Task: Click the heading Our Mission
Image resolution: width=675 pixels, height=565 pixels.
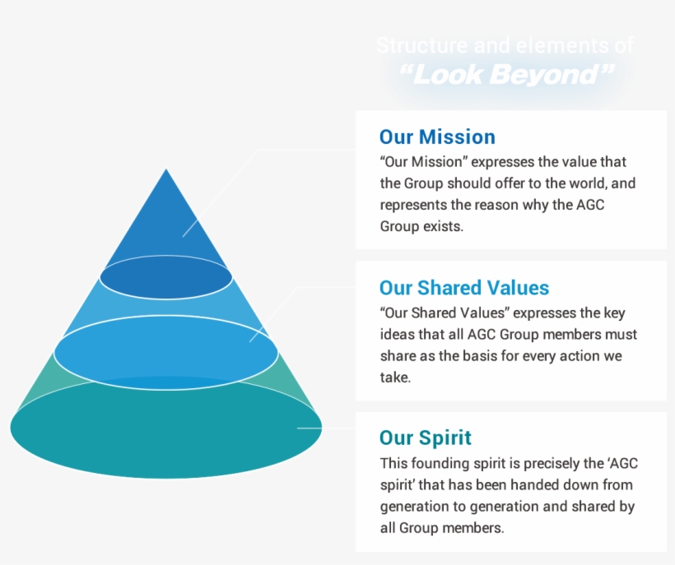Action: click(437, 137)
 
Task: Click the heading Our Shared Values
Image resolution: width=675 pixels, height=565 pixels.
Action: click(463, 288)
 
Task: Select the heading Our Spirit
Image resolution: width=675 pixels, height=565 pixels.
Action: click(425, 438)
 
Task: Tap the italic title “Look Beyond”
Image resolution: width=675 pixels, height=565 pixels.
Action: click(506, 76)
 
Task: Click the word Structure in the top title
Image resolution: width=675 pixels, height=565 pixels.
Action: click(421, 45)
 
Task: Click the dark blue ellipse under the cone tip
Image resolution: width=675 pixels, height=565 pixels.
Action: click(165, 277)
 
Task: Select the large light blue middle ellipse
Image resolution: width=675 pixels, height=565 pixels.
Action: click(165, 353)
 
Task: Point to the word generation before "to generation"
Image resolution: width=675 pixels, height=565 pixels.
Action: click(416, 507)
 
